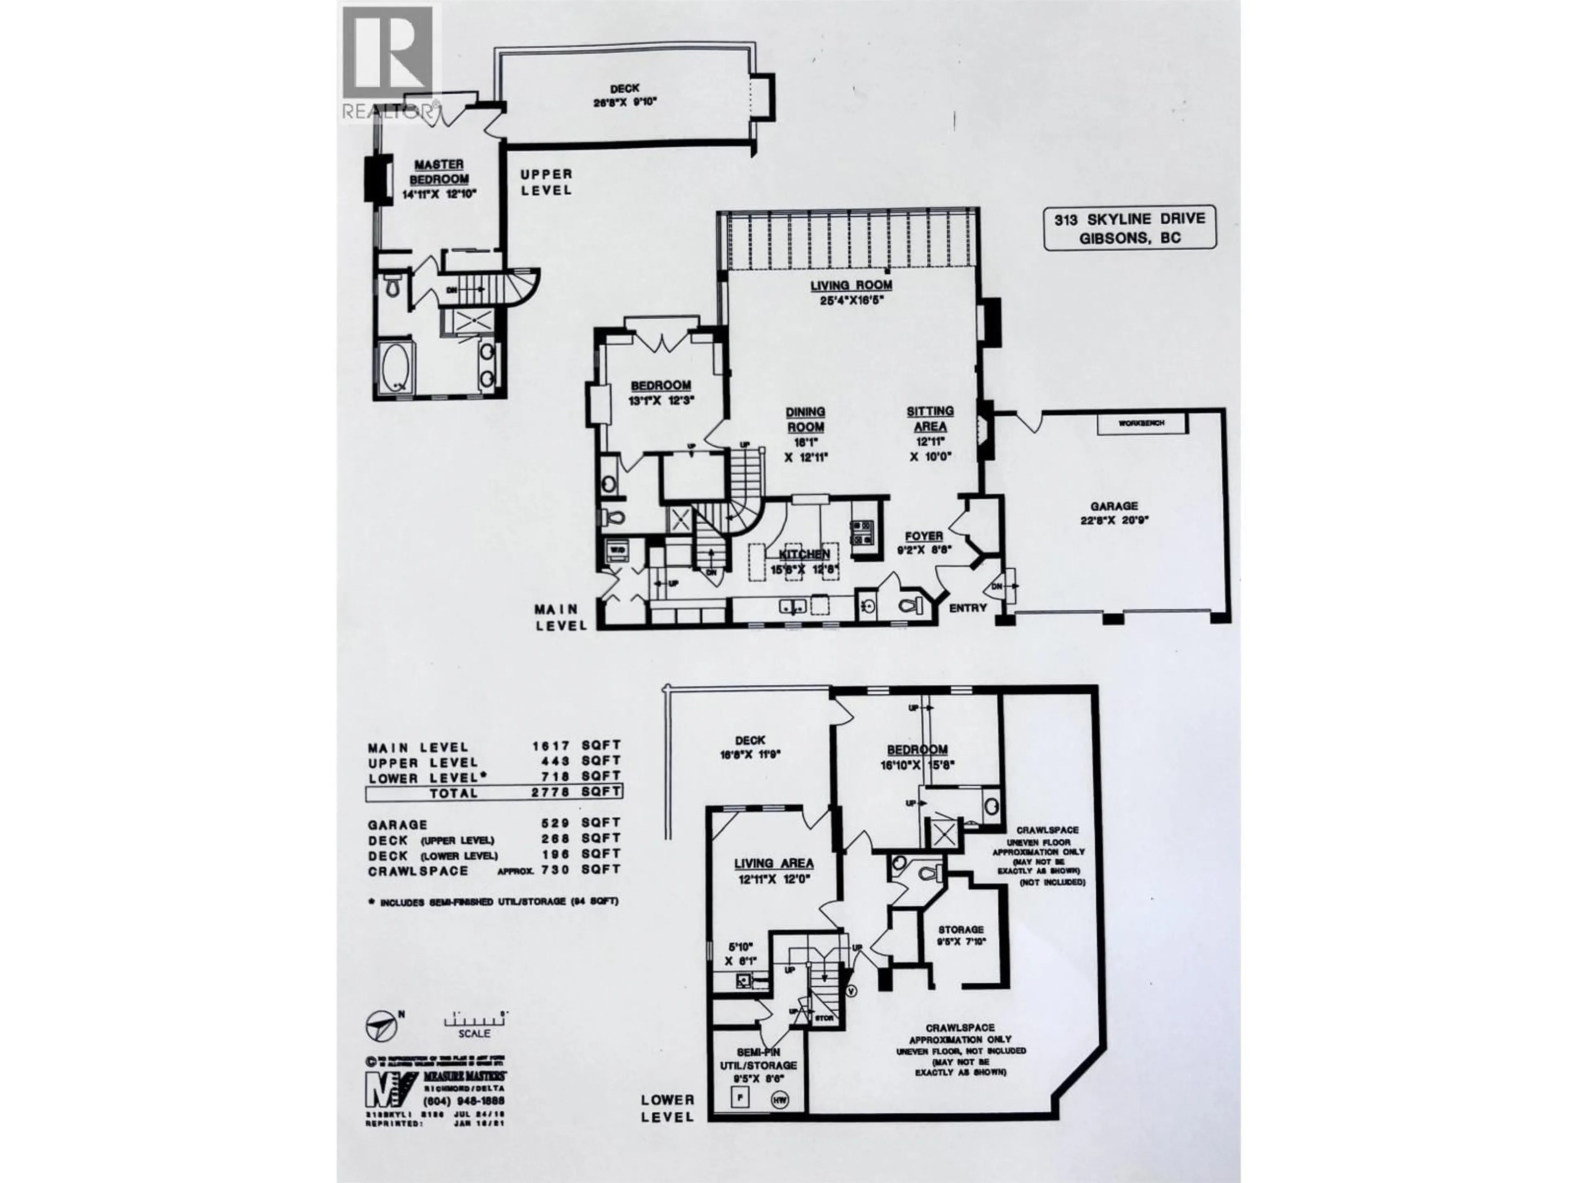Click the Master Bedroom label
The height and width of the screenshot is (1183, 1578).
click(x=439, y=172)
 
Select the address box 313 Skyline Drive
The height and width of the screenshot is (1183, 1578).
click(x=1129, y=228)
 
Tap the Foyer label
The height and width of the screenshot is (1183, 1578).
click(x=924, y=536)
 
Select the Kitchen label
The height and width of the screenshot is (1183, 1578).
click(x=804, y=554)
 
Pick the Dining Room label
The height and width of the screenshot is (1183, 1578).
click(x=805, y=420)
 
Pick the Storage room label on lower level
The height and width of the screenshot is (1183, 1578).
click(x=960, y=930)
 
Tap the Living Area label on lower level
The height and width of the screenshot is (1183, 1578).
click(x=774, y=863)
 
